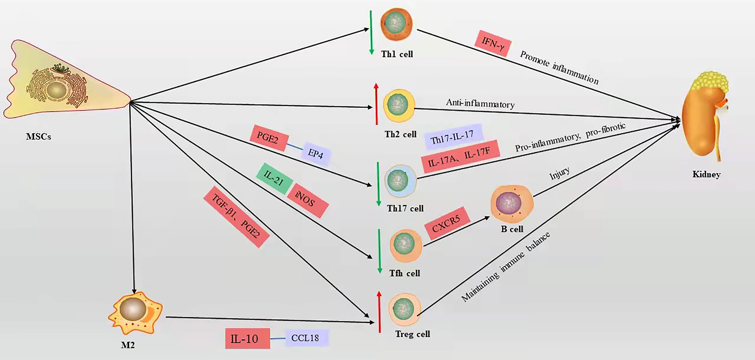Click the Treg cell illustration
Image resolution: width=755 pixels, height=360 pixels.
coord(404,310)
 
